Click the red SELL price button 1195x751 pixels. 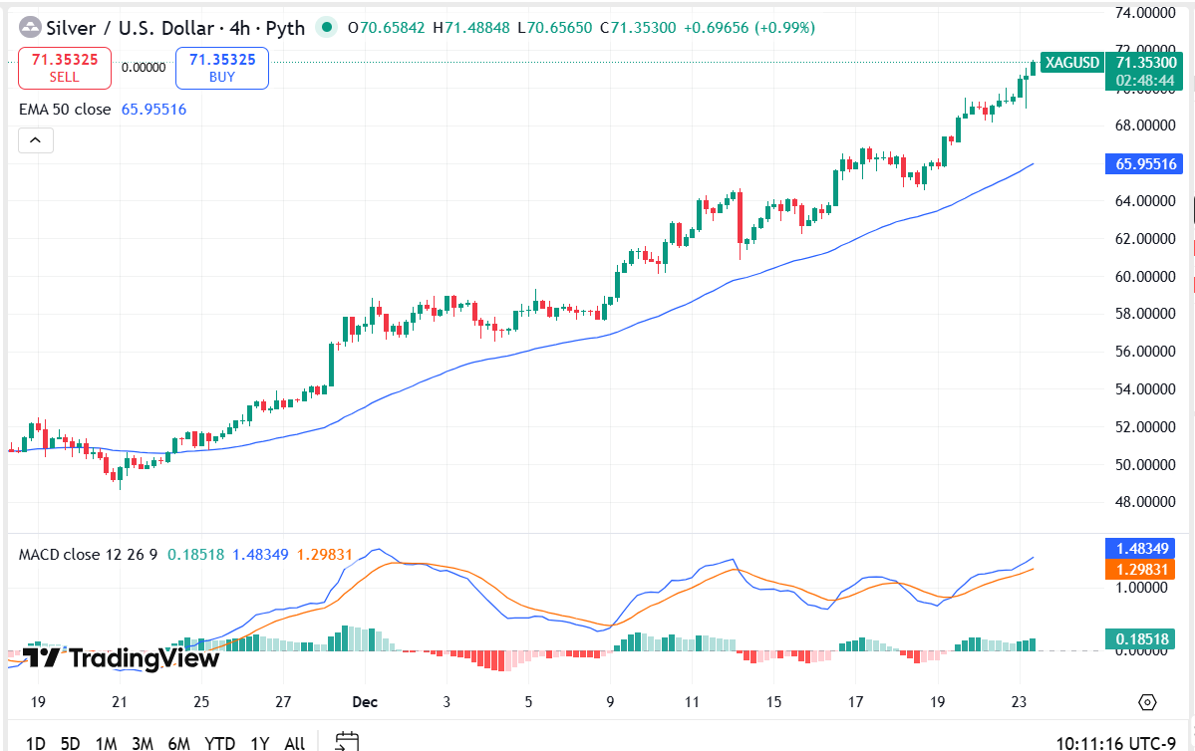(64, 68)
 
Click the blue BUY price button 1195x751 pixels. (222, 68)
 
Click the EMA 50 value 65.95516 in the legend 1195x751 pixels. (153, 110)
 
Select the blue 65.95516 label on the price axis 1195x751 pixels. (1147, 164)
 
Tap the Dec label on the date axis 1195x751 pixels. (364, 702)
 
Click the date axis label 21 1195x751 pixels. (120, 702)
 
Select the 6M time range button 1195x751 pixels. (179, 743)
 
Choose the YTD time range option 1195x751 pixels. (219, 743)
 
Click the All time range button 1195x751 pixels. (295, 743)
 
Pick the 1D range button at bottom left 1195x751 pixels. (35, 743)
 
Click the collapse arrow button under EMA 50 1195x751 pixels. (35, 140)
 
